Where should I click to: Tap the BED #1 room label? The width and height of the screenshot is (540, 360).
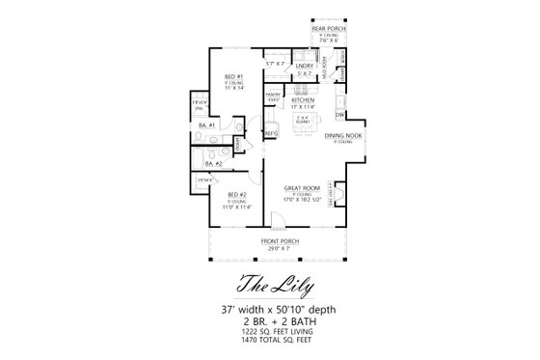coord(232,76)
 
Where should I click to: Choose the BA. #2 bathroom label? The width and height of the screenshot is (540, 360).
coord(212,164)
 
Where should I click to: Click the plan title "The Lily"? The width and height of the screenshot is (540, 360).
coord(269,285)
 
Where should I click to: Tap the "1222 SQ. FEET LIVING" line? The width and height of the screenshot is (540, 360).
coord(269,331)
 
